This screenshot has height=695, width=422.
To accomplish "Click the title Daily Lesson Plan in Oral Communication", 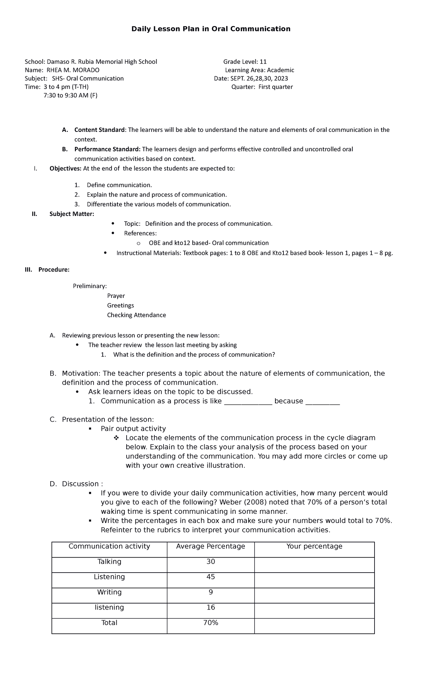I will (211, 29).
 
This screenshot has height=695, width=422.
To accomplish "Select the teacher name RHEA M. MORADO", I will (73, 70).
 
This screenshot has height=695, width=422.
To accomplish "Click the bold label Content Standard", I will (100, 130).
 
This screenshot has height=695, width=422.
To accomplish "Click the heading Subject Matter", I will (72, 214).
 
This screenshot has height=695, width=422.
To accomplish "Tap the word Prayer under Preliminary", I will (116, 296).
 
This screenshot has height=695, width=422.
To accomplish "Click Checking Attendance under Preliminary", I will (136, 315).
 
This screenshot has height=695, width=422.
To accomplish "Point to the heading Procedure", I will (54, 270).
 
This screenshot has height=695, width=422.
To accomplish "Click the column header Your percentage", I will (314, 546).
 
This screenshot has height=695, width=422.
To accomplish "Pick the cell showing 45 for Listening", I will (211, 577).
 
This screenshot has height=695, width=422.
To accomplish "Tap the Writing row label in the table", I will (109, 592).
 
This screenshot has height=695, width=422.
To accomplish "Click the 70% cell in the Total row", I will (211, 623).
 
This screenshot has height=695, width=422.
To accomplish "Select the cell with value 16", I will (211, 607).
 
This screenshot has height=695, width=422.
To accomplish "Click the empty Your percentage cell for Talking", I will (314, 562).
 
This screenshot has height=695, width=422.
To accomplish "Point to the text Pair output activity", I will (133, 428).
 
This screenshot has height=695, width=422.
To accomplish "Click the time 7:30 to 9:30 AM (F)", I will (70, 95).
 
